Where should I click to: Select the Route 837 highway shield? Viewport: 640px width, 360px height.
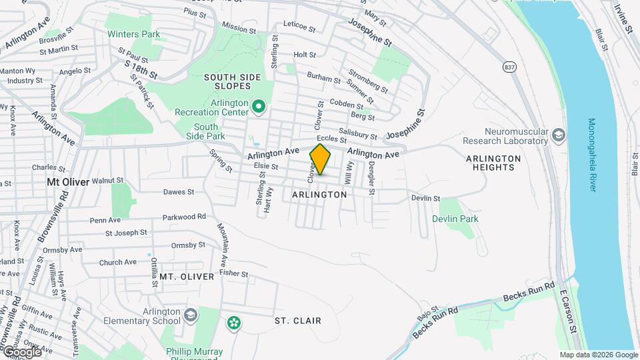point(510,67)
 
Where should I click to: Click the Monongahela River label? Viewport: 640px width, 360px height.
point(592,155)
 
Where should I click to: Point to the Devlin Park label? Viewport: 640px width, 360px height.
point(455,219)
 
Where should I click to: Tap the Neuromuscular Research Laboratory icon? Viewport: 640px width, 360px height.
point(558,136)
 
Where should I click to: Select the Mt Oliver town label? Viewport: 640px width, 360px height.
point(67,181)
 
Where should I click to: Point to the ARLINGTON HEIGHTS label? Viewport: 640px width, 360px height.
point(493,163)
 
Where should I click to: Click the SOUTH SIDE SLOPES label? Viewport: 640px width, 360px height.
point(227,81)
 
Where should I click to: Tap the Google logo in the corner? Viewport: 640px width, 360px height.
point(21,351)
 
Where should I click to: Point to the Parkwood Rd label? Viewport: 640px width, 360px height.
point(184,217)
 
